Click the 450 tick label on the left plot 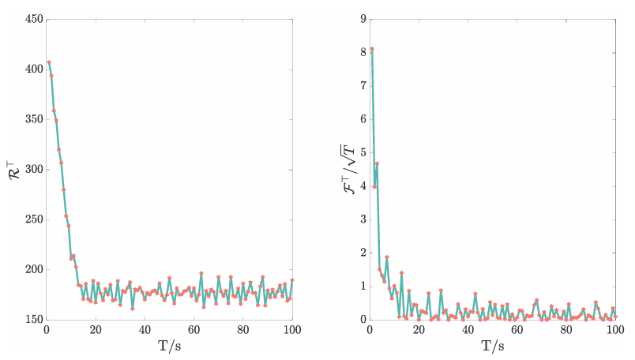[x=32, y=19]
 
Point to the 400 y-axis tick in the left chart [x=32, y=69]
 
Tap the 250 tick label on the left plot [x=32, y=219]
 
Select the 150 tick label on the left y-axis [x=32, y=320]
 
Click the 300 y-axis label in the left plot [x=32, y=169]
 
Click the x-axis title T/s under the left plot [x=169, y=346]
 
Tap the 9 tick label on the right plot [x=362, y=19]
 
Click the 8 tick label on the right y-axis [x=362, y=52]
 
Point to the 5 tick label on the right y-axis [x=362, y=152]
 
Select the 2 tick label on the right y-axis [x=362, y=253]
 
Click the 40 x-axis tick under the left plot [x=145, y=329]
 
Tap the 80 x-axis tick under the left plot [x=243, y=329]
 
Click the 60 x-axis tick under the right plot [x=517, y=329]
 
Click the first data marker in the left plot [x=49, y=62]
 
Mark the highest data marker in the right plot [x=372, y=49]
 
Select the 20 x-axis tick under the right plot [x=419, y=329]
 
